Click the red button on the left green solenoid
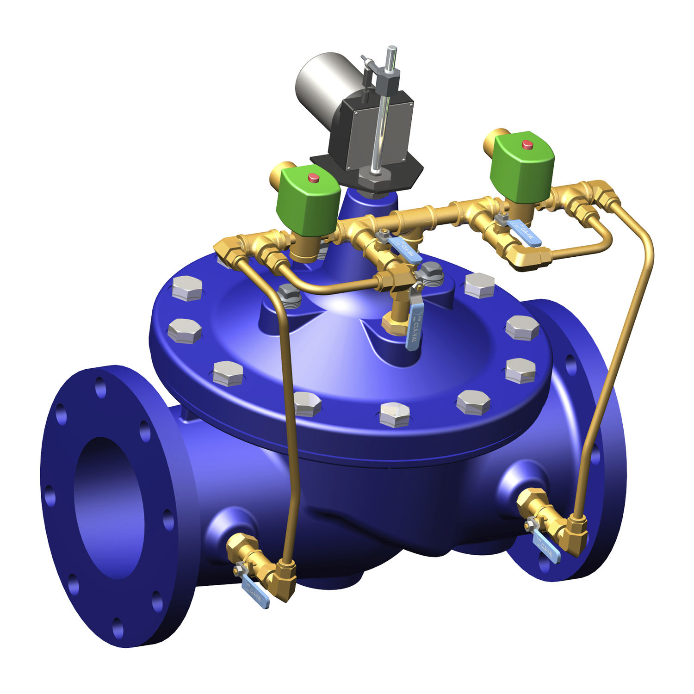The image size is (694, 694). pos(314,177)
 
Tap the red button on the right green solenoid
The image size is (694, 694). pos(527,145)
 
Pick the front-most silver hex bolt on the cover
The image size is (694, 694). pos(394,415)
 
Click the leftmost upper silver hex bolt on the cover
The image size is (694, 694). pos(187,288)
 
